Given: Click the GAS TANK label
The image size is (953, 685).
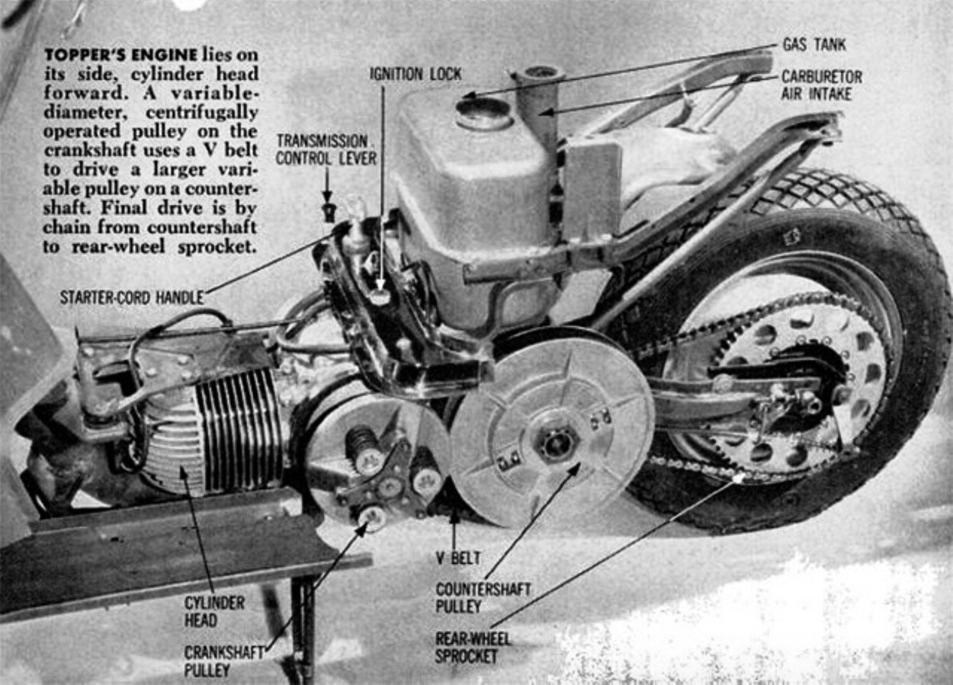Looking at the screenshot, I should click(813, 45).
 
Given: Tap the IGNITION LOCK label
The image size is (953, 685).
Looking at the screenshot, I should click(415, 74).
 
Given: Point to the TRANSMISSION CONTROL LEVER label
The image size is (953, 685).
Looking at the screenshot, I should click(326, 149).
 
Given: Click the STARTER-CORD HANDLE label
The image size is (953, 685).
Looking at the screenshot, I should click(131, 297).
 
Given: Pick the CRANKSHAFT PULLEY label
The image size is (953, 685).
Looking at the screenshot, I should click(223, 661).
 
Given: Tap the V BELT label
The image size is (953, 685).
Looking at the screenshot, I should click(457, 559).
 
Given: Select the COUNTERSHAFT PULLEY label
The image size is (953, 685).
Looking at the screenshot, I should click(483, 598).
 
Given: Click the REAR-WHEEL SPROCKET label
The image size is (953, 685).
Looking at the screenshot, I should click(473, 648).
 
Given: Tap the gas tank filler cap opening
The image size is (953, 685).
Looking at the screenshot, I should click(483, 113).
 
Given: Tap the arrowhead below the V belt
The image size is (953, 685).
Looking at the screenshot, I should click(454, 517).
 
